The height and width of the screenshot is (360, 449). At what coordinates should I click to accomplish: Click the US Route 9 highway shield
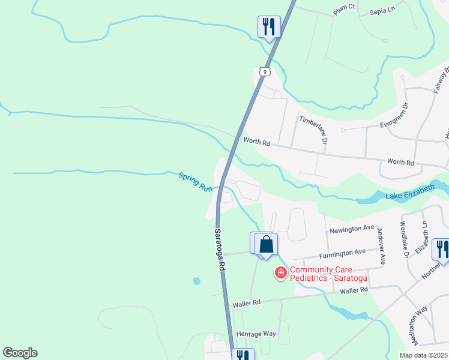264,71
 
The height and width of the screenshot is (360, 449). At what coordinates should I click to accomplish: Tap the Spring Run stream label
195,182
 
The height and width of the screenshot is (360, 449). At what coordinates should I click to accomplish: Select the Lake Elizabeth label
411,193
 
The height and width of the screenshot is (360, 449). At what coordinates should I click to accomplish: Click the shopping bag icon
266,244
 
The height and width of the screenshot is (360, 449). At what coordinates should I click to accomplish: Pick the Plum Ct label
345,10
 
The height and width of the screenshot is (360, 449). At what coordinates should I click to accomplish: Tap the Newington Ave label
352,229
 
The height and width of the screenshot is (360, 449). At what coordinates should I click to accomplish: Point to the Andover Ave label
381,245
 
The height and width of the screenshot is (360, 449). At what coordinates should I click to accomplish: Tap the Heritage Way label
256,334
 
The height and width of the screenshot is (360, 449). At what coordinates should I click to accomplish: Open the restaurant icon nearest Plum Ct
268,26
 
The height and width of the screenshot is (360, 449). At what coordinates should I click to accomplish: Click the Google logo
20,353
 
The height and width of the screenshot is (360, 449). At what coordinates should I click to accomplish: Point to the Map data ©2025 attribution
423,355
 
